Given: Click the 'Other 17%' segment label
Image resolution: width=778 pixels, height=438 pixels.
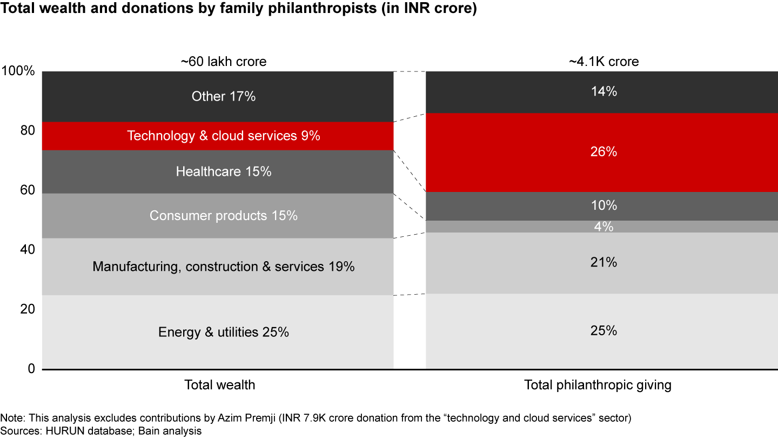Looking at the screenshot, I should tap(223, 96).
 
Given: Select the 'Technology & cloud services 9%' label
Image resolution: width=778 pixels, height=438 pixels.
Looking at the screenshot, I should tap(223, 136).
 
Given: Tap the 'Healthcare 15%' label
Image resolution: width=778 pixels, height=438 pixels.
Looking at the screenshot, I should tap(223, 172).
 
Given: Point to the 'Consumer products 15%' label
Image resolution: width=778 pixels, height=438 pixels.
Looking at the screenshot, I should tap(223, 216).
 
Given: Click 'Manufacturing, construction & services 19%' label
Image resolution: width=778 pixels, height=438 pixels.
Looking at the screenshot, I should tap(223, 267).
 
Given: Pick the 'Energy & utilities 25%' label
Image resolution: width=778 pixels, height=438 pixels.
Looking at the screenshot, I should tap(223, 332).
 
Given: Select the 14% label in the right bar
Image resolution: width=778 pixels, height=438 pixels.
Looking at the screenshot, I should tap(603, 92).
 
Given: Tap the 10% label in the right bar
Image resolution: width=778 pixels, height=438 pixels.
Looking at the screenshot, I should tap(603, 206).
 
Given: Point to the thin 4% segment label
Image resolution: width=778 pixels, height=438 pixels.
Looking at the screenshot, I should tap(603, 227).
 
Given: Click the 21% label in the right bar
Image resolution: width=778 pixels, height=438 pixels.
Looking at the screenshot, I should tap(603, 263).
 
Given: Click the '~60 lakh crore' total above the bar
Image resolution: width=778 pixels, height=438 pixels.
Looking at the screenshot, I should tap(223, 62).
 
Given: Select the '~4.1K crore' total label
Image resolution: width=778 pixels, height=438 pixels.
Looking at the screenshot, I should tap(603, 62).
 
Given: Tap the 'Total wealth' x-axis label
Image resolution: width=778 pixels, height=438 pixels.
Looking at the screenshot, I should tap(219, 385).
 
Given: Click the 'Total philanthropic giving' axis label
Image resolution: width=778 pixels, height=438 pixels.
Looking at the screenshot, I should tap(598, 385).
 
